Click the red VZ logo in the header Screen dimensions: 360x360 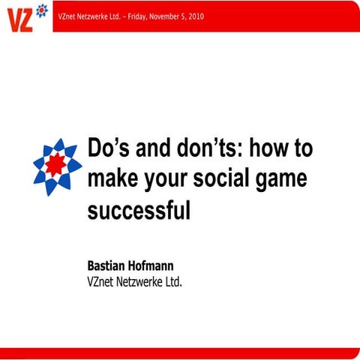pyautogui.click(x=20, y=17)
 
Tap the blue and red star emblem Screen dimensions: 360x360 pyautogui.click(x=57, y=166)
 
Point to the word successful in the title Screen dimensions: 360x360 pyautogui.click(x=139, y=210)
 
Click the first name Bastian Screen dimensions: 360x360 pyautogui.click(x=110, y=266)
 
